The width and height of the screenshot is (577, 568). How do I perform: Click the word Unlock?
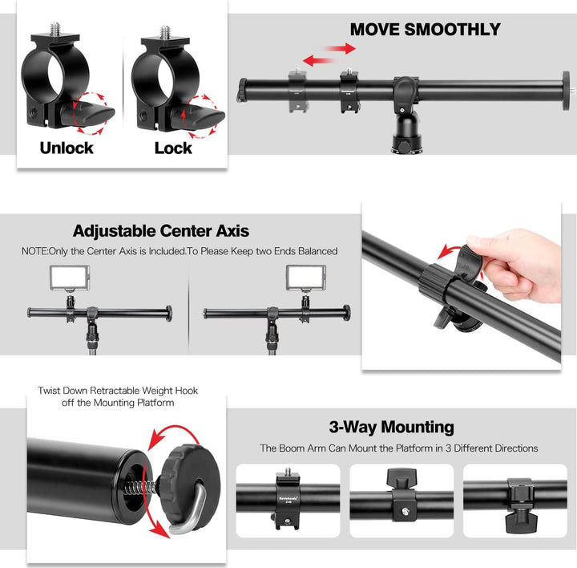(x=67, y=148)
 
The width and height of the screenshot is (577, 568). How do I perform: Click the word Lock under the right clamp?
(x=173, y=148)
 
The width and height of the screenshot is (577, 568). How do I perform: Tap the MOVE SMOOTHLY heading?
(x=425, y=30)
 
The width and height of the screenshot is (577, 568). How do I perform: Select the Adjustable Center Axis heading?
(x=161, y=231)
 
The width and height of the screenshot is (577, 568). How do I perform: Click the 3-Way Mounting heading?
(x=392, y=428)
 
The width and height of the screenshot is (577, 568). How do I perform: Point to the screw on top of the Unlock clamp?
(x=55, y=29)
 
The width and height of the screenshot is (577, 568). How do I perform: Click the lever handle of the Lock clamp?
(x=199, y=116)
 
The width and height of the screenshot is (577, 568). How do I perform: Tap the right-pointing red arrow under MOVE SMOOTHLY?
(x=341, y=48)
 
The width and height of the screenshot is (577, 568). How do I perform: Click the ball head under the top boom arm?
(x=406, y=138)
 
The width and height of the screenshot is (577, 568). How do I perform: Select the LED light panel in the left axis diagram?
(x=70, y=278)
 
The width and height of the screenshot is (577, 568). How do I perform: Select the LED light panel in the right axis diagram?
(x=306, y=278)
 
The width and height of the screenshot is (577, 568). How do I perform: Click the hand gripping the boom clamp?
(x=518, y=263)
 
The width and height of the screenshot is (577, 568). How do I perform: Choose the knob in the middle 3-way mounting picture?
(x=401, y=478)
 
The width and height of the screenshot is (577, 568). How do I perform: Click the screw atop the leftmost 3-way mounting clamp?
(x=288, y=472)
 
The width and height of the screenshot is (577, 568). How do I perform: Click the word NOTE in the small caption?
(x=34, y=251)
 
